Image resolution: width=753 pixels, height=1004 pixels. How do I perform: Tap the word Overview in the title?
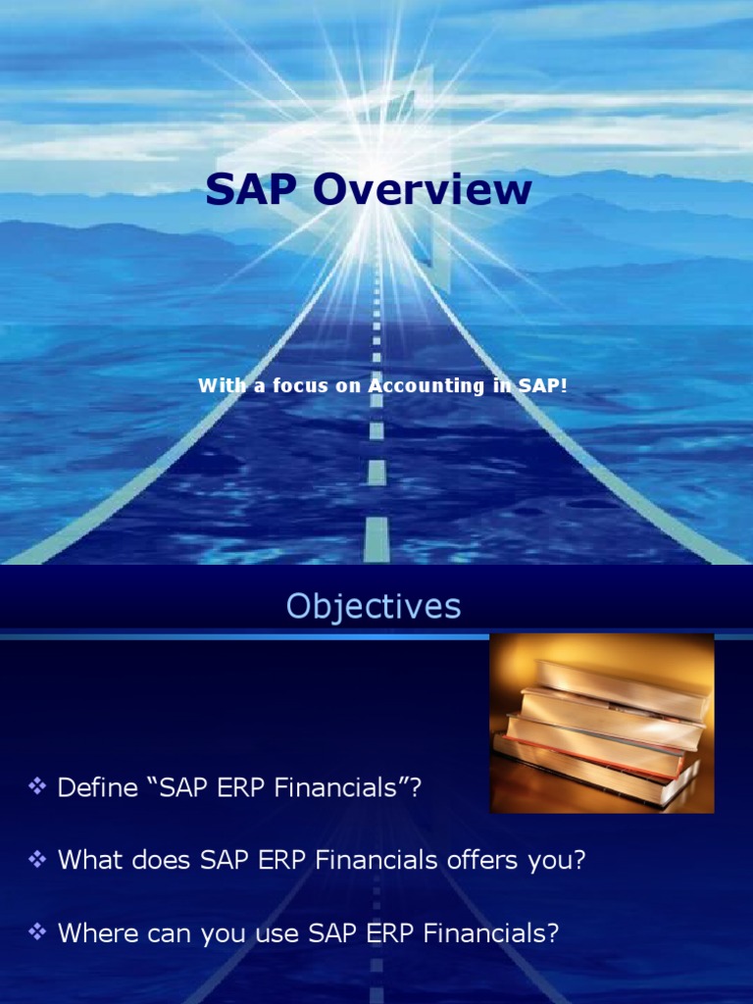click(x=423, y=188)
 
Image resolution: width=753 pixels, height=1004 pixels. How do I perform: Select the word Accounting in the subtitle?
click(x=427, y=386)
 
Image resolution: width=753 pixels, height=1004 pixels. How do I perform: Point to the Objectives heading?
click(x=374, y=606)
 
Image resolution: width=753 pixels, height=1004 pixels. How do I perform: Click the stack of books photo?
click(x=602, y=724)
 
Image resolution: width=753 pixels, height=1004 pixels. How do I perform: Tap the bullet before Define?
click(x=37, y=785)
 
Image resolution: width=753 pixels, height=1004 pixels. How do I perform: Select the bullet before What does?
click(x=37, y=859)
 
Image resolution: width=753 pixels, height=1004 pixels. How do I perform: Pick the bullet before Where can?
click(x=37, y=931)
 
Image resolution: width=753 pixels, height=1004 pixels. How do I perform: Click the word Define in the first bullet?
click(x=97, y=787)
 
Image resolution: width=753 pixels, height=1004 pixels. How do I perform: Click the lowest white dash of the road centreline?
click(x=376, y=540)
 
